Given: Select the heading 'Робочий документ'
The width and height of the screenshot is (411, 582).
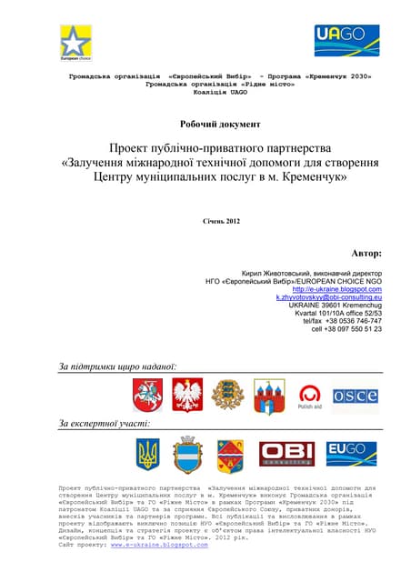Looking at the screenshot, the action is (205, 123).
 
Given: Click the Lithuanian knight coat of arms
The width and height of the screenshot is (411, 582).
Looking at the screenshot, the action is (147, 394).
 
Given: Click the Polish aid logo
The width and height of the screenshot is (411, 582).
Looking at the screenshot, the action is (309, 396).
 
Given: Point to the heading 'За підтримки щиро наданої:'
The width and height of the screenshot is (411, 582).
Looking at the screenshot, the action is (117, 366).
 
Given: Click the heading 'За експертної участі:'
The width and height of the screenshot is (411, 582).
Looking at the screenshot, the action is (105, 424).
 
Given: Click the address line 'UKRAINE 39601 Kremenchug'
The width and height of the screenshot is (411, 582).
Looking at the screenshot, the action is (339, 305).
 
